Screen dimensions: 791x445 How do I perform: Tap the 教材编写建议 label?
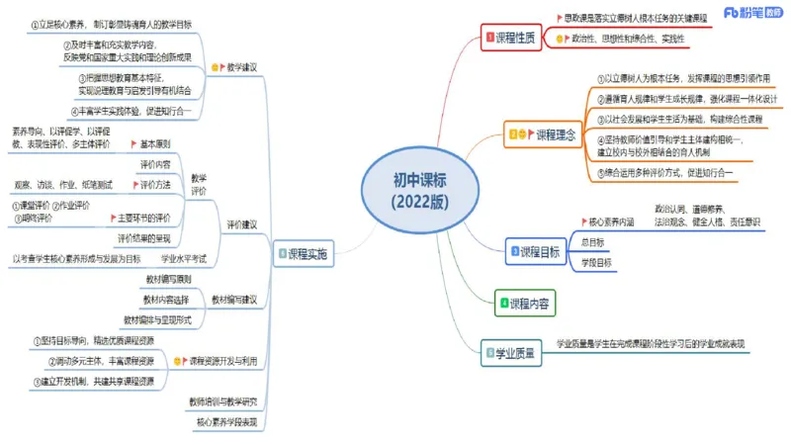[x=233, y=299]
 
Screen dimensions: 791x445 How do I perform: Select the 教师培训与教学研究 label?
[x=222, y=401]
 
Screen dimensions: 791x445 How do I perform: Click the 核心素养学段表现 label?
[x=226, y=422]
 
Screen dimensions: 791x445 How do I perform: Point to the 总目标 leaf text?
[x=592, y=242]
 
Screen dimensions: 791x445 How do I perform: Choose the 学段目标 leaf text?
[x=596, y=262]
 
